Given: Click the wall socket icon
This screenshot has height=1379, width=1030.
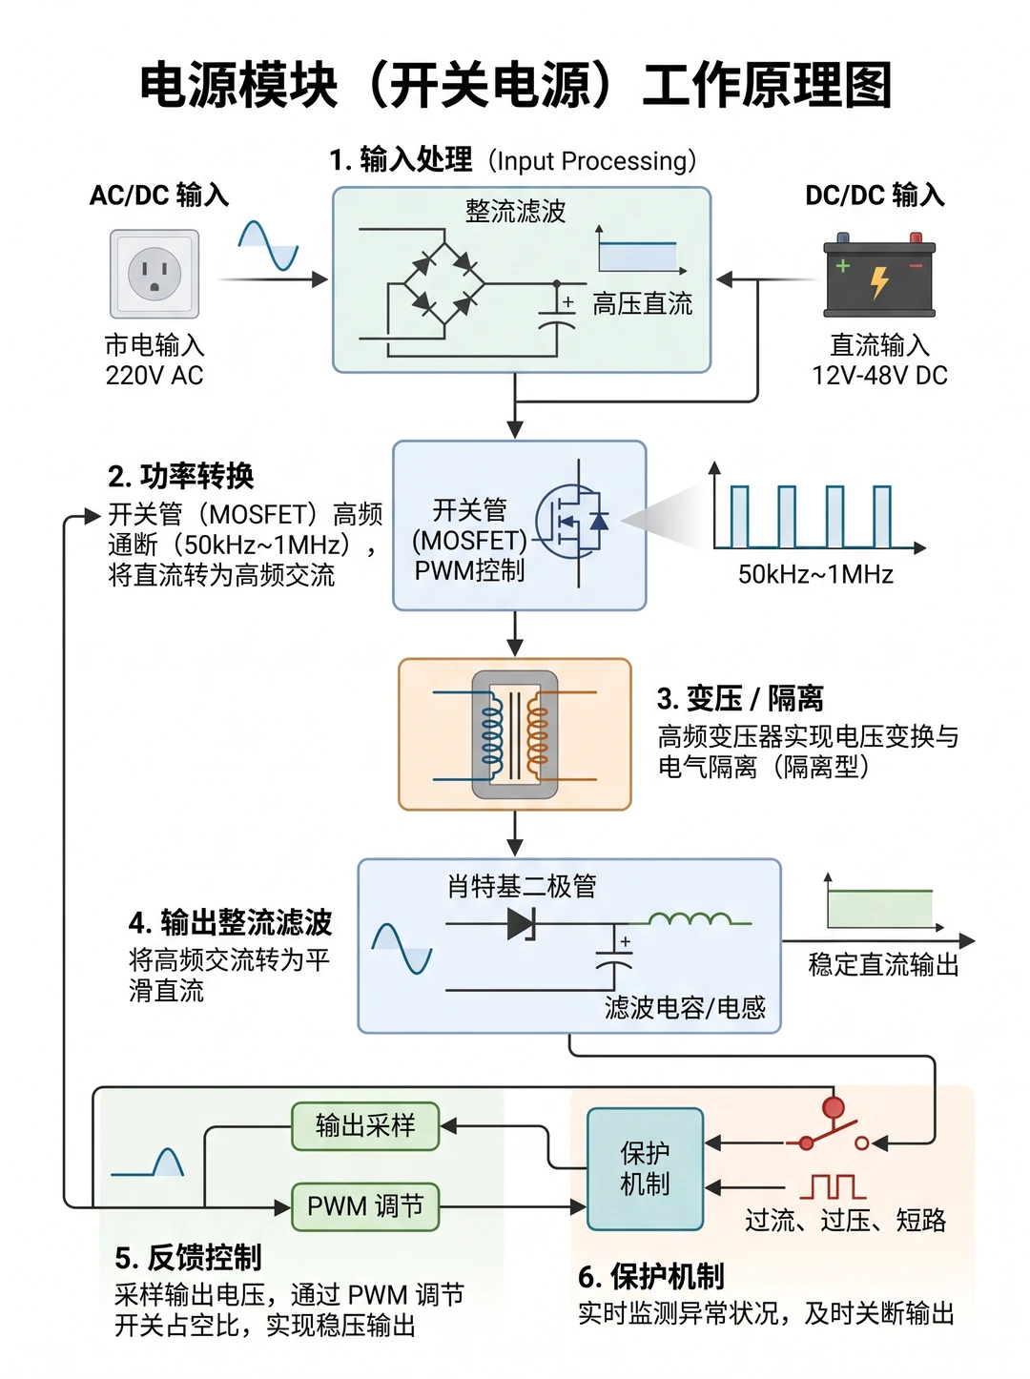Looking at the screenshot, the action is point(154,274).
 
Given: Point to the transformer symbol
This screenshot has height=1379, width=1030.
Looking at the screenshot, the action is point(514,734).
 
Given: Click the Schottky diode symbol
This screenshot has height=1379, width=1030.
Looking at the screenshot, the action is point(523,923).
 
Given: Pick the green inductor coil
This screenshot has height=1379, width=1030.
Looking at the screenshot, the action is point(690,919).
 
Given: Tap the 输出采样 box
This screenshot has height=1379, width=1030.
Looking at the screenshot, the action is point(365,1126).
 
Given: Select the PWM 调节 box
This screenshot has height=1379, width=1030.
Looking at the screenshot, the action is point(365,1206).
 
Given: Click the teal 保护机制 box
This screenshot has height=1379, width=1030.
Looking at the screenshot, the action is point(645,1168).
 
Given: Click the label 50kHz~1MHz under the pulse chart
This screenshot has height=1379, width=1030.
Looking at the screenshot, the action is point(815,574).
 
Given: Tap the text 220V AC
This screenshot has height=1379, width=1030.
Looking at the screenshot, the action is point(154,376).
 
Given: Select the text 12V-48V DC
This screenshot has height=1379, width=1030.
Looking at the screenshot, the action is point(879,376).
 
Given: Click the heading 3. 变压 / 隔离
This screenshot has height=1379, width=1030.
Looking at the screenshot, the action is point(740,698).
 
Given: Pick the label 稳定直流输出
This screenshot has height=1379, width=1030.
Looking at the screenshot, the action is point(883,964).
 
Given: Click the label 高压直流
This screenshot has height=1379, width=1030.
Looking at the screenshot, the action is point(643,304).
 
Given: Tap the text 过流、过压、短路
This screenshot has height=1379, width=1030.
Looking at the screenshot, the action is point(845,1220).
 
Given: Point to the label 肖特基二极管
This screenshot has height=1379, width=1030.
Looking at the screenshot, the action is point(522,886).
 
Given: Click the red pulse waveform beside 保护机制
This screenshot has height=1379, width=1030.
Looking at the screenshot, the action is point(833,1186).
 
